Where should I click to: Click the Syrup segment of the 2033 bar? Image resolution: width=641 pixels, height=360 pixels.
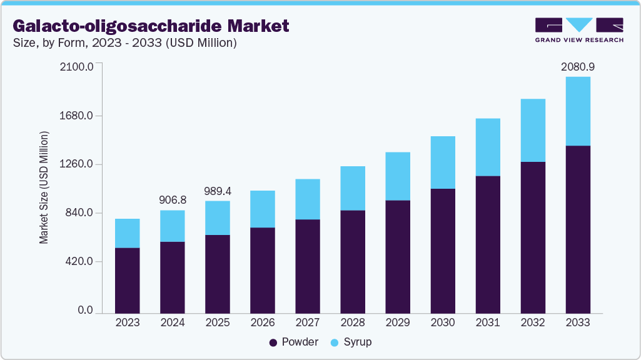(x=578, y=111)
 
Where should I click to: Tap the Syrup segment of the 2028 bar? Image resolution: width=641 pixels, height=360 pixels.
(x=353, y=188)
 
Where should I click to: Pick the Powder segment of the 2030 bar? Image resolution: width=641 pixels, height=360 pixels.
(x=443, y=250)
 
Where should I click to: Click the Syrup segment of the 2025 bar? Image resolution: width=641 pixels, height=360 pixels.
(x=218, y=217)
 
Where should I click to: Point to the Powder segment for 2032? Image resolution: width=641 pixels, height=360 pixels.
(x=533, y=237)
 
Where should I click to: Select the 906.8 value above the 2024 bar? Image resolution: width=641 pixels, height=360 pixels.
(x=173, y=200)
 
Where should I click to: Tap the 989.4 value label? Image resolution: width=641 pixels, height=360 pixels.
(x=218, y=190)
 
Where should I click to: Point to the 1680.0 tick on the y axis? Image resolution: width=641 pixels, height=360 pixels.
(x=76, y=116)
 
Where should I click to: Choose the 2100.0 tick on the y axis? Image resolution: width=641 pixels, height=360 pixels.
(x=76, y=66)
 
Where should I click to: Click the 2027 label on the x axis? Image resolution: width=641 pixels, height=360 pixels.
(x=308, y=323)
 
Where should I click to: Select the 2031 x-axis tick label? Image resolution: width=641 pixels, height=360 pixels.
(x=488, y=323)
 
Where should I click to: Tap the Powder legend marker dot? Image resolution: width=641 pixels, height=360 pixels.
(x=273, y=342)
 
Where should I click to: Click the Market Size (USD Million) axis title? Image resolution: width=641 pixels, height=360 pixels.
(x=44, y=187)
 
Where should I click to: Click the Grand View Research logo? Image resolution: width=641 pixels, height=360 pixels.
(x=579, y=29)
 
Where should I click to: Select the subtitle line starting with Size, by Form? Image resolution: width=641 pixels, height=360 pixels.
(x=124, y=43)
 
